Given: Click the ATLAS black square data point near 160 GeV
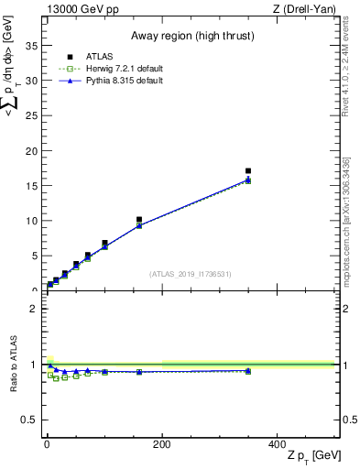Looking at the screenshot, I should coord(139,220).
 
